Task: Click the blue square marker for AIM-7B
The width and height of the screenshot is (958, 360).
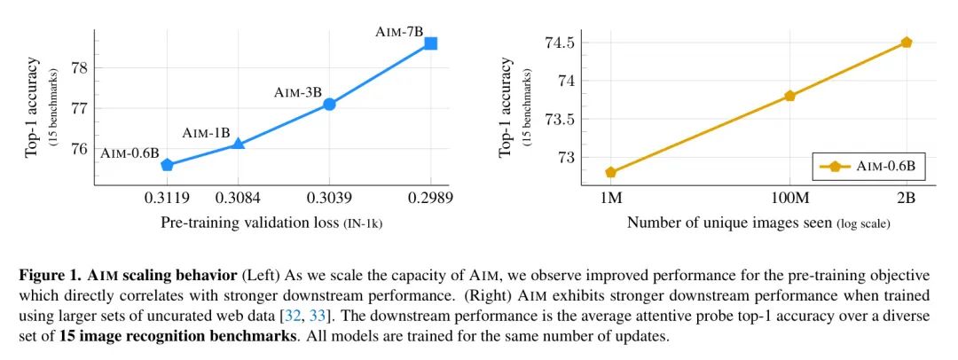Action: point(431,43)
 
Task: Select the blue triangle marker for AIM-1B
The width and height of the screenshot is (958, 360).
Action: point(238,143)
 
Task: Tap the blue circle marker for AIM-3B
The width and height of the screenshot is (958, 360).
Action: point(329,104)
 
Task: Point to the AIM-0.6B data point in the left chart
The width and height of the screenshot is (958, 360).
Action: point(167,165)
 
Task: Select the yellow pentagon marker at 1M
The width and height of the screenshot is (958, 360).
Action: point(611,172)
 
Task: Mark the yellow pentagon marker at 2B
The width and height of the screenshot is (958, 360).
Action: point(906,43)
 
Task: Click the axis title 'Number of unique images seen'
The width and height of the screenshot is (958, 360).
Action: point(729,223)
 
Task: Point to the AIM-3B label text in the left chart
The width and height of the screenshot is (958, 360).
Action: point(298,91)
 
